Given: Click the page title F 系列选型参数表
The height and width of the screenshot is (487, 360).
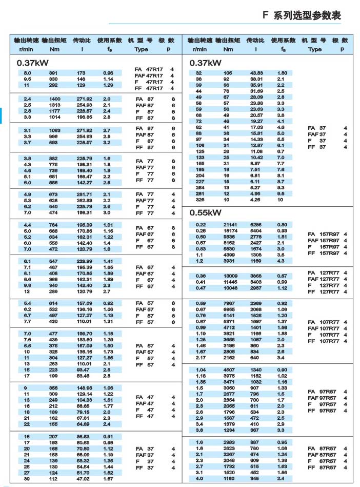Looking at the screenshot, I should coord(302,15).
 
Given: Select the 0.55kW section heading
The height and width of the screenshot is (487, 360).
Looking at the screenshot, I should coord(205,212).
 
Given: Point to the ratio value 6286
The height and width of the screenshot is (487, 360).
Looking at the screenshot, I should coord(255,225).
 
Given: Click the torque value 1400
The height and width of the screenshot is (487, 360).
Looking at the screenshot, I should coord(55,99).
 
